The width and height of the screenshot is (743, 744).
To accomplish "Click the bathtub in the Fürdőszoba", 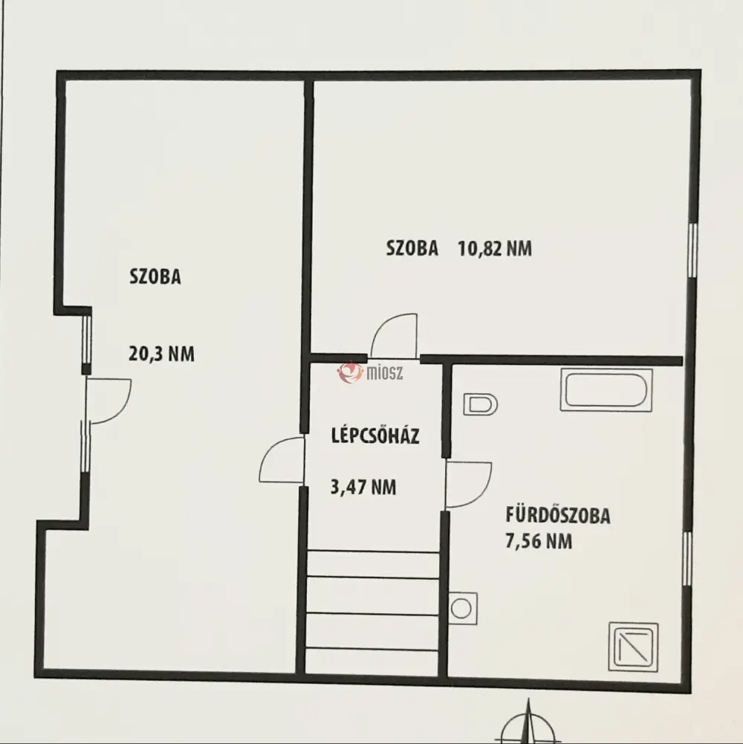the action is point(606,389).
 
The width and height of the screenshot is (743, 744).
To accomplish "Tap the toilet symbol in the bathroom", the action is point(480,405).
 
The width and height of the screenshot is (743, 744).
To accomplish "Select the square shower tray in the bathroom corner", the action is point(633,647).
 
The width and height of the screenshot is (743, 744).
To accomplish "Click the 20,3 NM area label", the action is point(161,354).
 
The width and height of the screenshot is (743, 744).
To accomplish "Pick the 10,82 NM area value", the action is point(494,248).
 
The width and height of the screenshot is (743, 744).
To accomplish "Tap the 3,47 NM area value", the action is point(363,488).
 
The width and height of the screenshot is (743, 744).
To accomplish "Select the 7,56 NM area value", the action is point(539,541).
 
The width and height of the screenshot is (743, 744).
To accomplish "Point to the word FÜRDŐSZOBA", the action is point(557,515).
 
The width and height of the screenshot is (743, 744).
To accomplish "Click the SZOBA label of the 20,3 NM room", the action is point(155,276).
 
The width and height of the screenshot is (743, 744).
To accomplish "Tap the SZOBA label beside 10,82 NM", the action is point(412,248).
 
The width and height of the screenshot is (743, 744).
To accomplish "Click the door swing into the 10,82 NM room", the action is point(394,335).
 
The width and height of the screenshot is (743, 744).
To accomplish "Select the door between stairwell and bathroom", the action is point(469,485).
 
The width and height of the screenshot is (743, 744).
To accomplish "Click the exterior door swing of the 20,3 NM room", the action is point(108,401).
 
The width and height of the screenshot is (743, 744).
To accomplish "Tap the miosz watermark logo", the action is point(370,372).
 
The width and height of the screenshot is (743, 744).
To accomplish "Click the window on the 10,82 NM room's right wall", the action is point(692,250).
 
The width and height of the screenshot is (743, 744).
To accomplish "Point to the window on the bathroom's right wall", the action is point(688,558).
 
